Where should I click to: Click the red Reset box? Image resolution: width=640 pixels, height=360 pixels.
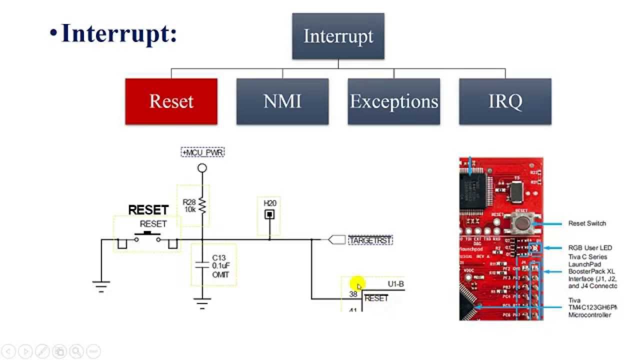point(171,101)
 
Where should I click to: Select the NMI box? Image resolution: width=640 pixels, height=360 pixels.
point(282,101)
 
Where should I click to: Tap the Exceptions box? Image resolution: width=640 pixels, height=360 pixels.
point(394,101)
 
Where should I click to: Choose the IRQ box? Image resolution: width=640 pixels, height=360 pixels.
point(505,101)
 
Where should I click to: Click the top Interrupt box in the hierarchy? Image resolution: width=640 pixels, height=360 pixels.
point(338,36)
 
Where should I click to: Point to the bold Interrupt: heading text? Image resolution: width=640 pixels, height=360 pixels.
point(119,33)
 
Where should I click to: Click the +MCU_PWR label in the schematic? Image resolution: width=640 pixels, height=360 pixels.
point(202,151)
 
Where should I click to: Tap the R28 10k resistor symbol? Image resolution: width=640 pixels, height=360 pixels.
point(202,204)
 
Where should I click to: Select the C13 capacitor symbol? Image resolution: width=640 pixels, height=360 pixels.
point(202,264)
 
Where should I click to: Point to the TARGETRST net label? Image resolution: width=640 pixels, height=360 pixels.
point(370,240)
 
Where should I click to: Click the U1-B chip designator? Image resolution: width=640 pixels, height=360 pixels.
point(395,284)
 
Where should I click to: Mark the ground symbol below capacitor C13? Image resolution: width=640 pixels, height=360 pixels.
point(202,303)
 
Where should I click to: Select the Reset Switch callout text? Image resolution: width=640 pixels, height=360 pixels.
point(587,223)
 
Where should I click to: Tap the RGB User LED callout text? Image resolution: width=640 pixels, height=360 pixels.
point(590,248)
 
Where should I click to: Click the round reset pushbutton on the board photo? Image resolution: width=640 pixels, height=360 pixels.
point(522,222)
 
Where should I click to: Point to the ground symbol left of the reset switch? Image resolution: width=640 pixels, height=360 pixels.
point(101,285)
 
